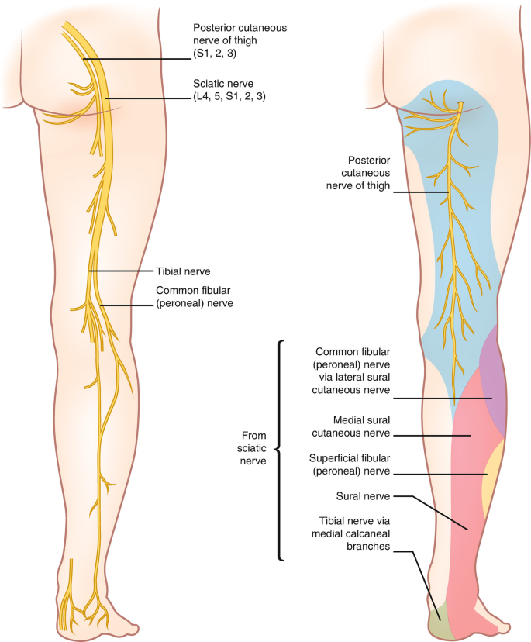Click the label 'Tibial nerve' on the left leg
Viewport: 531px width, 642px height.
tap(183, 271)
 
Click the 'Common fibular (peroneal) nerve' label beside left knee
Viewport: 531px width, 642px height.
tap(195, 297)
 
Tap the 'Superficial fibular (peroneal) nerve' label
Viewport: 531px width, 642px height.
tap(349, 464)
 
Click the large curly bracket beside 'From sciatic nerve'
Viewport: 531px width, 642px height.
tap(278, 449)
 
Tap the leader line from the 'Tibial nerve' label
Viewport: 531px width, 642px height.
tap(120, 271)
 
